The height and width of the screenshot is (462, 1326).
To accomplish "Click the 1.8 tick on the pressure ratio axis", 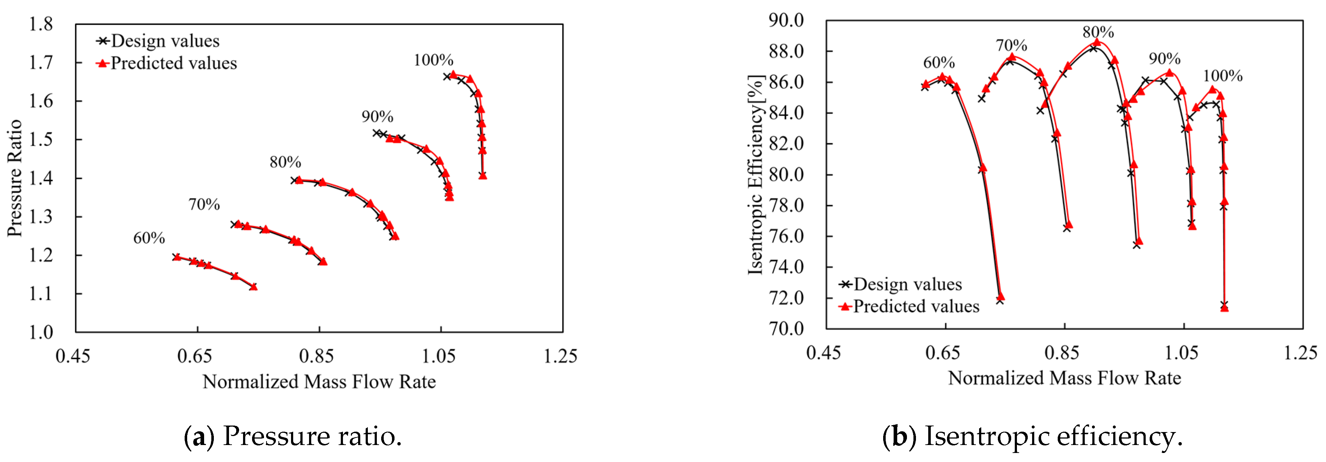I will point(41,24).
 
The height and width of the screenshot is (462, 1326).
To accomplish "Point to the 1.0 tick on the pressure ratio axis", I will point(41,332).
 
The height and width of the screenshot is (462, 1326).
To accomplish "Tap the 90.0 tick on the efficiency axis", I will point(786,21).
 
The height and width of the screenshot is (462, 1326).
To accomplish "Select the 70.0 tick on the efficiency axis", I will point(786,328).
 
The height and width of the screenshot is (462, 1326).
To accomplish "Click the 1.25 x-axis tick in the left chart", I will point(560,356).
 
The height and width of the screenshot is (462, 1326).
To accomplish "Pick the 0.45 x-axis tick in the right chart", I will point(824,353).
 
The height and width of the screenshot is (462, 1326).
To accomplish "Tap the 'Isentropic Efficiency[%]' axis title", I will point(755,175).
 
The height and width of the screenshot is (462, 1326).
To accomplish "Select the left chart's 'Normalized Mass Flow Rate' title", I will point(319,382).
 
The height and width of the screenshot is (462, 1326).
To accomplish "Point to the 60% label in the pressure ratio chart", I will point(149,238).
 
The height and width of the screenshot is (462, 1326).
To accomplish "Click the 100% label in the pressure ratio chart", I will point(433,60).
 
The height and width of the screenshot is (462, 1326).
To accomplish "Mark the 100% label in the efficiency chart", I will point(1223,76).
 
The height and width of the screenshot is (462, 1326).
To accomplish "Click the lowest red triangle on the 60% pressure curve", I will point(253,286).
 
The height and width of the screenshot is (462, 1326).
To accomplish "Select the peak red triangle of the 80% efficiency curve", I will point(1097,42).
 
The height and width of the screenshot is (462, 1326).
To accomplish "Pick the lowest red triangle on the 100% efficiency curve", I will point(1224,308).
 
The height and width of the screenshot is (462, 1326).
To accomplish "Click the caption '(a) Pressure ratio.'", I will point(292,436).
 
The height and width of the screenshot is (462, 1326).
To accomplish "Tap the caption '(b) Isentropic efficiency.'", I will point(1032,436).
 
